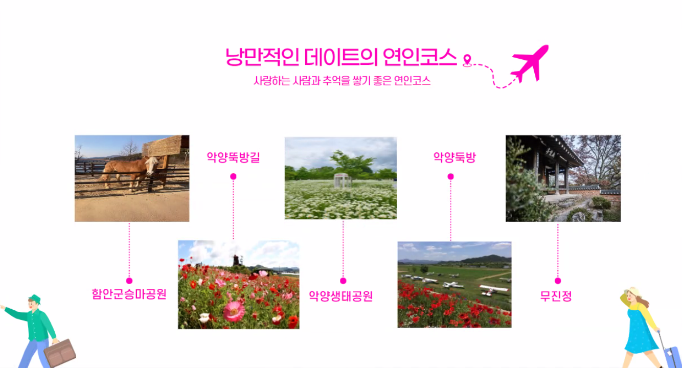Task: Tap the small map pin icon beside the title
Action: pyautogui.click(x=467, y=60)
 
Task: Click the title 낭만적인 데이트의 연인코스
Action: pyautogui.click(x=340, y=57)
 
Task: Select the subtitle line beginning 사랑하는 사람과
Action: pyautogui.click(x=342, y=81)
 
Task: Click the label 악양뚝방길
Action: pyautogui.click(x=233, y=157)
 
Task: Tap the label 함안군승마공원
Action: pyautogui.click(x=129, y=294)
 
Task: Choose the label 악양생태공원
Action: pyautogui.click(x=340, y=295)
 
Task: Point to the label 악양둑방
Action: pyautogui.click(x=454, y=157)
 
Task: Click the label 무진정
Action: pyautogui.click(x=556, y=295)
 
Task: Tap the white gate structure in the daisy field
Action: pyautogui.click(x=343, y=180)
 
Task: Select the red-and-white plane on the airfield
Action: pyautogui.click(x=493, y=290)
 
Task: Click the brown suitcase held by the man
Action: pyautogui.click(x=60, y=353)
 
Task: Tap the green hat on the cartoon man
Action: pyautogui.click(x=35, y=298)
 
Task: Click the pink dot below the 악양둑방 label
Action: pyautogui.click(x=450, y=176)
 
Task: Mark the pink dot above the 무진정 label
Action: pyautogui.click(x=558, y=281)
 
